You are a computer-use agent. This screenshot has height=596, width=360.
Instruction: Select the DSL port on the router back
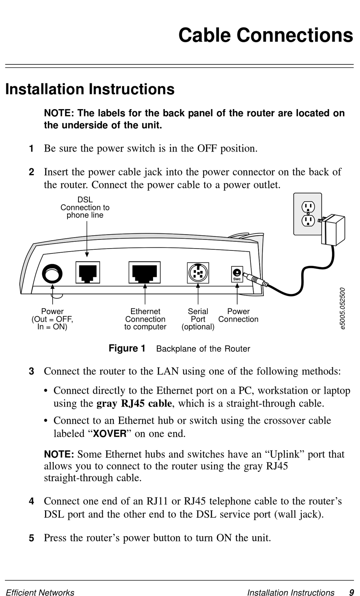(x=88, y=272)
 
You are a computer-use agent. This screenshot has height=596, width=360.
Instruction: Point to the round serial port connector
(x=198, y=273)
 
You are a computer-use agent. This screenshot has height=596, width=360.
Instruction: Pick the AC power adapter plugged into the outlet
(x=333, y=230)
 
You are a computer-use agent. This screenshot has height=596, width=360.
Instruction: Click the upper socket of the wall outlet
(x=308, y=207)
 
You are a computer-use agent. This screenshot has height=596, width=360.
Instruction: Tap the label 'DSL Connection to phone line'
(x=85, y=207)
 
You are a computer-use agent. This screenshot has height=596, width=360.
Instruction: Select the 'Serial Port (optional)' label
(x=198, y=319)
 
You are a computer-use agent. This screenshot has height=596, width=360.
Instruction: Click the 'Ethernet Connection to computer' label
(x=145, y=319)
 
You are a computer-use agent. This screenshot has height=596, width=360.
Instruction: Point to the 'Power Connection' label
(x=238, y=315)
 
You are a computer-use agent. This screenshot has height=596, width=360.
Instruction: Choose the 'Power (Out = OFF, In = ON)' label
(x=52, y=319)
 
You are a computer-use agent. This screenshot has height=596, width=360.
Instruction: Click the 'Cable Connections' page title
(x=265, y=35)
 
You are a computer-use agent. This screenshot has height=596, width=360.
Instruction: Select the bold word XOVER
(x=110, y=433)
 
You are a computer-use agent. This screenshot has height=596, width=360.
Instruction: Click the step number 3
(x=32, y=371)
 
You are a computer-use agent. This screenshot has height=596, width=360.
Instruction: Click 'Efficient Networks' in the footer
(x=40, y=593)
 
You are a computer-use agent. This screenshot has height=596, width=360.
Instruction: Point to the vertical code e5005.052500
(x=342, y=308)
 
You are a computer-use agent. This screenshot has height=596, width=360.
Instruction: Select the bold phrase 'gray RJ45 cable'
(x=134, y=403)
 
